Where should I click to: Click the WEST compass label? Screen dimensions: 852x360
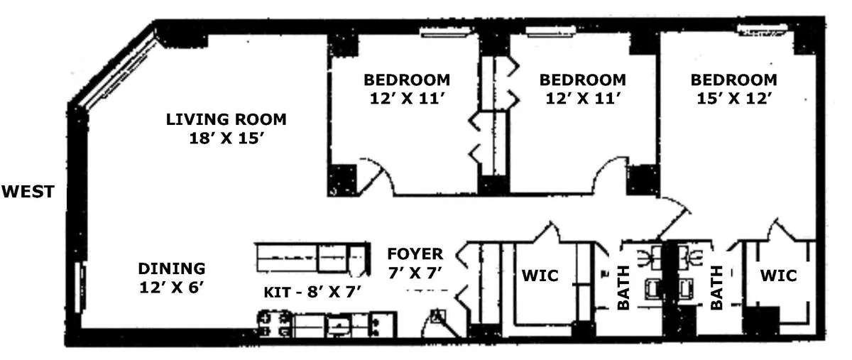click(x=28, y=192)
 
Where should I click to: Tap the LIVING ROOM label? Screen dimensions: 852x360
click(x=226, y=119)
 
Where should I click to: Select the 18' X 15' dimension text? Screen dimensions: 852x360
click(x=226, y=138)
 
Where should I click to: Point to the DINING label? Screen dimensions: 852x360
click(x=172, y=268)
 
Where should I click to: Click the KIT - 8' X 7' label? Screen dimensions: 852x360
click(x=312, y=293)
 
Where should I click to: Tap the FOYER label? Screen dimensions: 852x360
click(x=415, y=253)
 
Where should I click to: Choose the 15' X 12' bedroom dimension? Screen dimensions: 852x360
click(x=733, y=99)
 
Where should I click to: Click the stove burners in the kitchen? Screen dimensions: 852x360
click(x=274, y=324)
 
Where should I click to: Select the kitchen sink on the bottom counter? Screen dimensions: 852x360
click(x=339, y=324)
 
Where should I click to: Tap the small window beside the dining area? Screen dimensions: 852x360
click(x=79, y=288)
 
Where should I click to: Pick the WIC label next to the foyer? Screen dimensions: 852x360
click(x=540, y=276)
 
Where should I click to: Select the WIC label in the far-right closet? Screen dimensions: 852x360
click(x=778, y=276)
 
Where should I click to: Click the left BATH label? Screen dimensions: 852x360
click(x=623, y=288)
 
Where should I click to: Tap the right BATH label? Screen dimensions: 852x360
click(x=716, y=288)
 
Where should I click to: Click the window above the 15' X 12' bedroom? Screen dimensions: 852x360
click(x=762, y=30)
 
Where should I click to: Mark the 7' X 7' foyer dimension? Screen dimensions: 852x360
click(x=415, y=273)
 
